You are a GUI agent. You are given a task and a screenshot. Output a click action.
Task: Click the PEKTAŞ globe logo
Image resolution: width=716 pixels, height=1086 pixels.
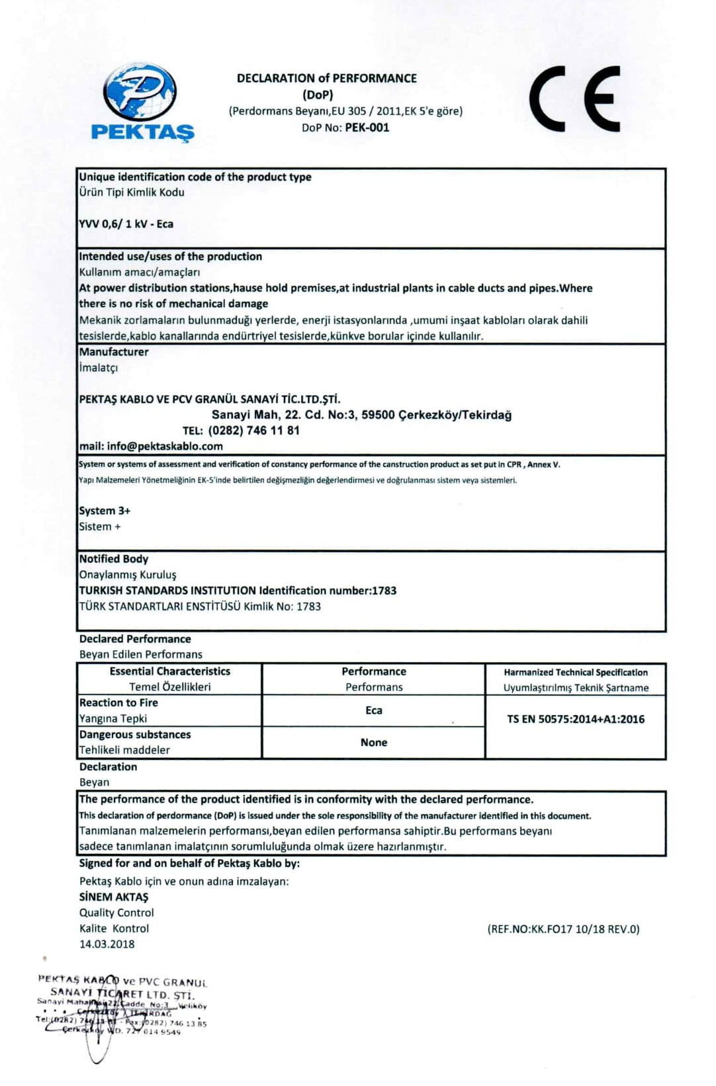[141, 93]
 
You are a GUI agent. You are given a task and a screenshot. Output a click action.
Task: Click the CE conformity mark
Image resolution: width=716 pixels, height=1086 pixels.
[574, 99]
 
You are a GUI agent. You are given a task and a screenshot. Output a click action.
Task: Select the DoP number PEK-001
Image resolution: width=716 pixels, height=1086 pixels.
[367, 128]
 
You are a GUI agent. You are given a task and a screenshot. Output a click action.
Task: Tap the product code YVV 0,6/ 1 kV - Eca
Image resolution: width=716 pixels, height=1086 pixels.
[126, 224]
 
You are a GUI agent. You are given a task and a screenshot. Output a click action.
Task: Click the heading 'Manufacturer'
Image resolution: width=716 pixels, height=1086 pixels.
[114, 352]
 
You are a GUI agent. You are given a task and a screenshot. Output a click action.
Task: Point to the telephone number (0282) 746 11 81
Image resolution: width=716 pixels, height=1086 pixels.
[253, 431]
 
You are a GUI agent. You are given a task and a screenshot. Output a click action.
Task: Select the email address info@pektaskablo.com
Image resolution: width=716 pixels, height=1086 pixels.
[165, 446]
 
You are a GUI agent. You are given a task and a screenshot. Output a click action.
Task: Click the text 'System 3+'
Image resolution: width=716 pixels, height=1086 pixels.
[105, 511]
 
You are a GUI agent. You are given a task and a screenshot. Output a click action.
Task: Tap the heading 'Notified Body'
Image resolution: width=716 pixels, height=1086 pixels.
[114, 559]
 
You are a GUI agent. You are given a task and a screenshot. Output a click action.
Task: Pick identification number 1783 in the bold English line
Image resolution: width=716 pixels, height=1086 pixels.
[384, 591]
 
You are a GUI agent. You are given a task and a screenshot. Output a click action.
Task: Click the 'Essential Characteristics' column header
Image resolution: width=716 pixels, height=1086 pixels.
[170, 671]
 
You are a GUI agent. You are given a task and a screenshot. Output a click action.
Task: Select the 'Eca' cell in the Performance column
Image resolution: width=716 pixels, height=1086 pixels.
[374, 710]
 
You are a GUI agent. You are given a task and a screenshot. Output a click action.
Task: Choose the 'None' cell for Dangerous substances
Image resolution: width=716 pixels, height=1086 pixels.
[374, 742]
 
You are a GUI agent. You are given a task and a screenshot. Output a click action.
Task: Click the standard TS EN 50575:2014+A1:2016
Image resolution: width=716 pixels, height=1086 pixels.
[576, 719]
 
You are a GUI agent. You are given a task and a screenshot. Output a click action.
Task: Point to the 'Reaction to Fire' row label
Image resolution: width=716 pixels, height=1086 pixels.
[118, 703]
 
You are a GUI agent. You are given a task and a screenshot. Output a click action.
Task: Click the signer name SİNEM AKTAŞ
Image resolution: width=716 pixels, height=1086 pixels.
[114, 897]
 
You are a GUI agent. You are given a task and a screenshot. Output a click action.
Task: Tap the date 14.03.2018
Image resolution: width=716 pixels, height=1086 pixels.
[107, 944]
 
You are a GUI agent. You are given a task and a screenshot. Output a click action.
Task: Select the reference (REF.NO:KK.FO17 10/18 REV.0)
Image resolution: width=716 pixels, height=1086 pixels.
[564, 929]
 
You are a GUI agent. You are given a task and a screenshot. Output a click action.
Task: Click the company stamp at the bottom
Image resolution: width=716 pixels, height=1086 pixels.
[122, 1009]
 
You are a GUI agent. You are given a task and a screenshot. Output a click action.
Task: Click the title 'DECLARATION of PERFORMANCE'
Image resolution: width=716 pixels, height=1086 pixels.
[327, 78]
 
